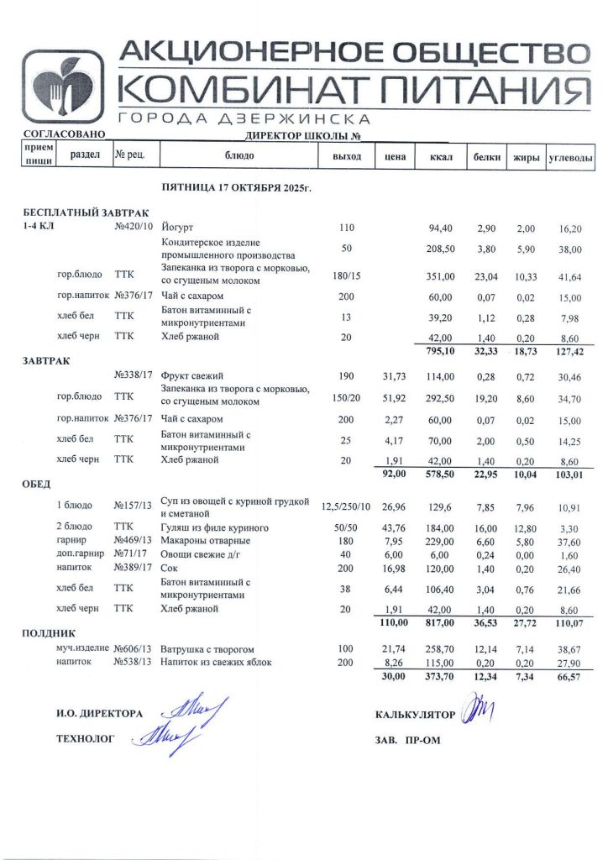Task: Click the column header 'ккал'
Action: click(x=441, y=157)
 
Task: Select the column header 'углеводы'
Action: click(x=570, y=157)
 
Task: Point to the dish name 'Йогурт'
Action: click(x=177, y=228)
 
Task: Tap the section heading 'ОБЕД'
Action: click(x=37, y=484)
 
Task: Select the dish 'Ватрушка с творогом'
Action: click(x=207, y=650)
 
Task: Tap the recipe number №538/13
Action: click(x=133, y=663)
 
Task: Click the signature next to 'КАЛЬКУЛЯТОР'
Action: click(x=479, y=711)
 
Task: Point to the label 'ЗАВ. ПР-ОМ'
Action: click(x=408, y=740)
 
